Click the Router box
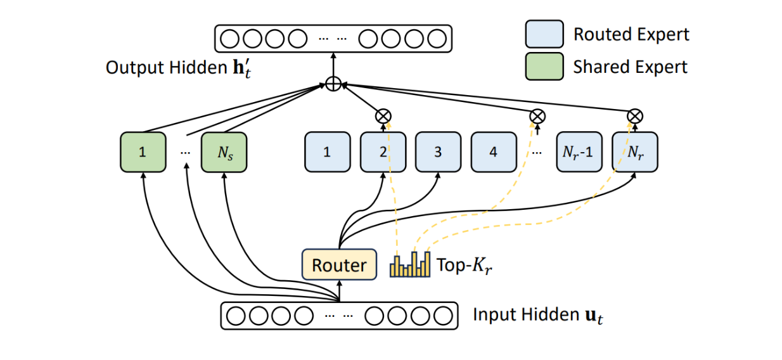(340, 264)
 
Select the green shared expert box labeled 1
(143, 151)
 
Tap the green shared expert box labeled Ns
(224, 151)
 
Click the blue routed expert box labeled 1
(327, 151)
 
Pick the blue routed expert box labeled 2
(383, 151)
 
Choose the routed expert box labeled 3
(437, 151)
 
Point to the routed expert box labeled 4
(493, 151)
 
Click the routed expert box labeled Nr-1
(579, 151)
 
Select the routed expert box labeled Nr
(635, 151)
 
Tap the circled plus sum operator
(333, 84)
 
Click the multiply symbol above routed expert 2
(383, 116)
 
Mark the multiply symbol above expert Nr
(635, 116)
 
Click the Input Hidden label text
(537, 315)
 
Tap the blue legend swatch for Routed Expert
(544, 34)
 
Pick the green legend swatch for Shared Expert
(544, 66)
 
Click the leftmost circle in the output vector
(230, 39)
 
